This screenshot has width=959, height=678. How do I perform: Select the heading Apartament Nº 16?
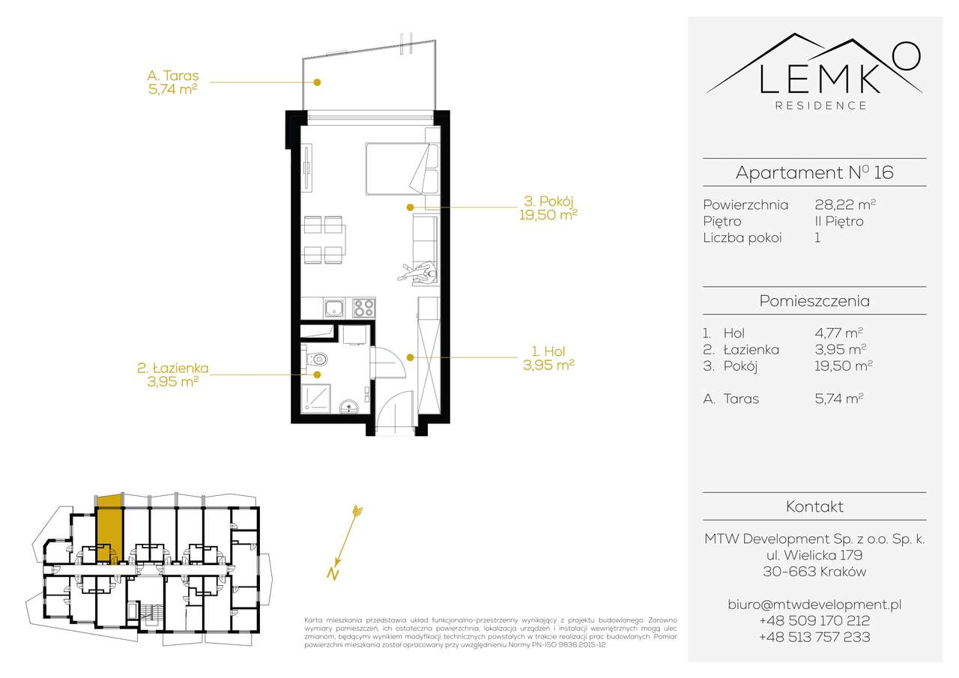tap(814, 172)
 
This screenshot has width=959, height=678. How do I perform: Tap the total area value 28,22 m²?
tap(845, 205)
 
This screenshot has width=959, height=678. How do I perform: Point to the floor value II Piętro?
tap(838, 221)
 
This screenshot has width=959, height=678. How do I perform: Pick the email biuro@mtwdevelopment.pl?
tap(814, 604)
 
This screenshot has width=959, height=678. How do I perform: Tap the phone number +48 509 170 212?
tap(814, 620)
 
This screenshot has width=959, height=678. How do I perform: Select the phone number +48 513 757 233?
tap(814, 637)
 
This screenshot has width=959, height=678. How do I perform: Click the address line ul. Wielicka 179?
tap(814, 555)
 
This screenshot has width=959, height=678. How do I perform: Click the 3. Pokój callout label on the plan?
tap(548, 208)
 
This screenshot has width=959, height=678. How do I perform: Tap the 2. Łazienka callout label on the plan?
tap(172, 374)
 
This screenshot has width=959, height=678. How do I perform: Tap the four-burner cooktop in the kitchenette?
tap(364, 307)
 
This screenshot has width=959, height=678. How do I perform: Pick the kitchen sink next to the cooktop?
tap(334, 307)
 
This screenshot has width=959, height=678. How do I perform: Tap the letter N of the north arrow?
tap(330, 575)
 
